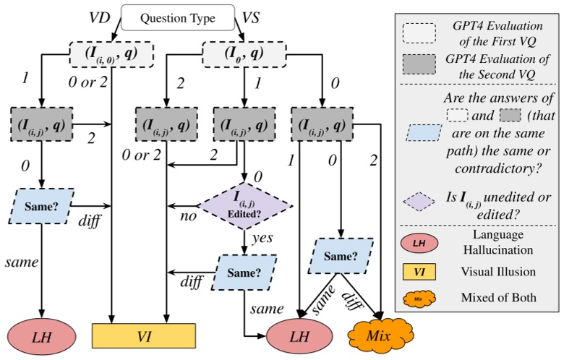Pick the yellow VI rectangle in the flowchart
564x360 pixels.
tap(145, 335)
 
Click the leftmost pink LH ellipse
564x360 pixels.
tap(42, 335)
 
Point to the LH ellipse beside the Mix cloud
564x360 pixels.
tap(300, 335)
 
